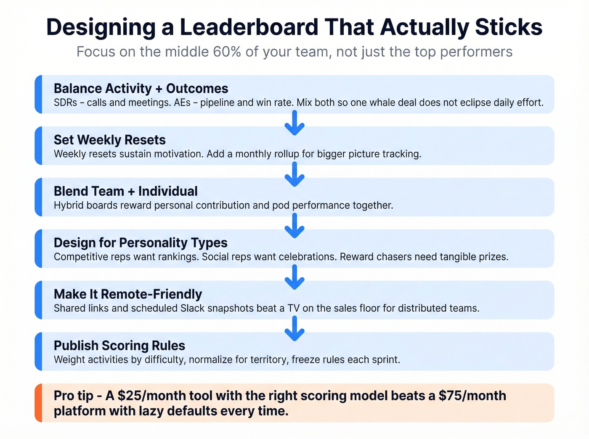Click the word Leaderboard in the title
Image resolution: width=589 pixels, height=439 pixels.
click(249, 27)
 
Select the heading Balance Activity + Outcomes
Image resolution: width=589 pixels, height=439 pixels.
click(141, 89)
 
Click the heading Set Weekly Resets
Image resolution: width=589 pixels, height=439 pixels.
click(109, 140)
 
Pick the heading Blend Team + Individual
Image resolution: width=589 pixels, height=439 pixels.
click(125, 191)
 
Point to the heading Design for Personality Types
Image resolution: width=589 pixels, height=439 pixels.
click(140, 243)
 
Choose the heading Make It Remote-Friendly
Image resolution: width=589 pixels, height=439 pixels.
click(127, 294)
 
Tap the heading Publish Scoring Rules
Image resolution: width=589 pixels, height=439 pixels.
click(119, 346)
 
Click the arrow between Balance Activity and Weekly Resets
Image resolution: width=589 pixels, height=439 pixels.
click(294, 123)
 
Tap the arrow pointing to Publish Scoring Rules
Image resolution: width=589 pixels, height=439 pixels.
click(294, 328)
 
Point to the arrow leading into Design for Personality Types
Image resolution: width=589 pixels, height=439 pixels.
click(294, 226)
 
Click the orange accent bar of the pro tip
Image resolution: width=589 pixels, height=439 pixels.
click(38, 403)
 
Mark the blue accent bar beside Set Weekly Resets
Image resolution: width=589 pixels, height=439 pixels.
click(38, 146)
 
